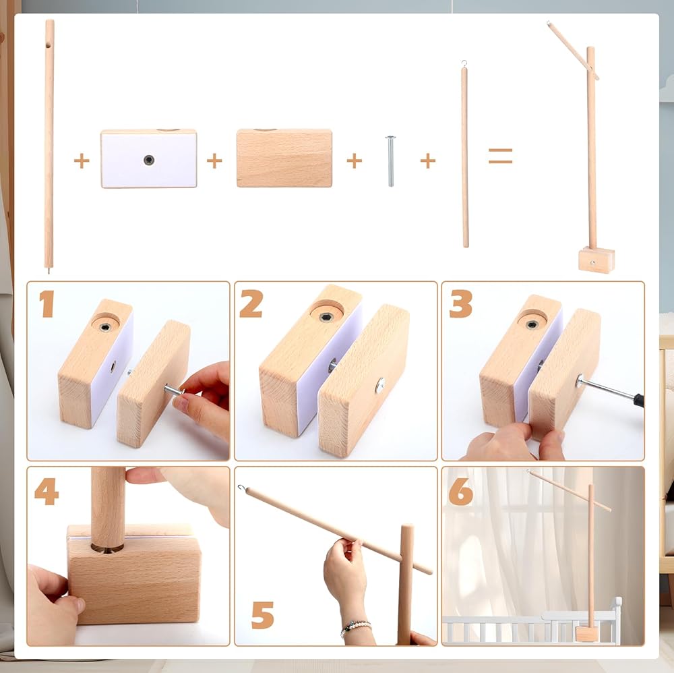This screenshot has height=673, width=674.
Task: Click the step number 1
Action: (47, 303)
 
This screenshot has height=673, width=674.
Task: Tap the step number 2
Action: (251, 303)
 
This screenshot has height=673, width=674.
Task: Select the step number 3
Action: (461, 304)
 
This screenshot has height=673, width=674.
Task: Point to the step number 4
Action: (47, 492)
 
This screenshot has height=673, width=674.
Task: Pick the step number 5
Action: (262, 615)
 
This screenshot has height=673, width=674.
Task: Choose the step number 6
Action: (460, 492)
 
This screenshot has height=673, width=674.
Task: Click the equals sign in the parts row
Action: (500, 156)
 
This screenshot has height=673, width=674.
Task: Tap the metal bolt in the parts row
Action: (390, 161)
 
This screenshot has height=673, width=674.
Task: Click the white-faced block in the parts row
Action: (149, 158)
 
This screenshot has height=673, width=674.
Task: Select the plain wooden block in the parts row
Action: (284, 158)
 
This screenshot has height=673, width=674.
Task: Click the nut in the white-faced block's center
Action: (149, 160)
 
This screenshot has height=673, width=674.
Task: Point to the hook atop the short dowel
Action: (464, 63)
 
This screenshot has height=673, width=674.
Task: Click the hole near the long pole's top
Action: (48, 45)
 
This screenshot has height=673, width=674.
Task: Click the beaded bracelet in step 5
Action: (356, 628)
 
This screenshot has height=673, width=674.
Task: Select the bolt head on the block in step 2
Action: (380, 385)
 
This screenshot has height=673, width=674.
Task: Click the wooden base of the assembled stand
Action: (596, 260)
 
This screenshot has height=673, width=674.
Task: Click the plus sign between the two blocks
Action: (214, 161)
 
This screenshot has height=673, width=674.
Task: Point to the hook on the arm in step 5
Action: (242, 488)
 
